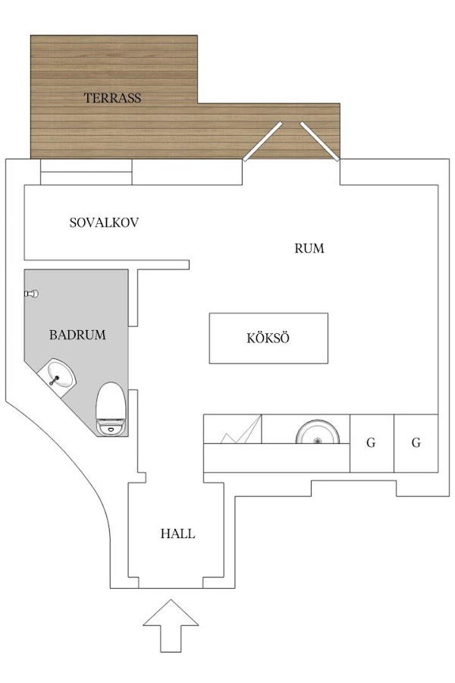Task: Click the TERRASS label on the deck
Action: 112,98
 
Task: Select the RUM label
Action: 309,248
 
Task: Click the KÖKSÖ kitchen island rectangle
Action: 268,338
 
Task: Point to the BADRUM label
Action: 77,335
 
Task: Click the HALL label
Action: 177,533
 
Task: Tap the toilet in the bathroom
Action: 111,408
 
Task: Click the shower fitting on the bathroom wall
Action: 31,294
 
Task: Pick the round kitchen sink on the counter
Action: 318,433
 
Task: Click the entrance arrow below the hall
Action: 171,625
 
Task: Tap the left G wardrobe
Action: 372,443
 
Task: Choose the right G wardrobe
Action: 416,443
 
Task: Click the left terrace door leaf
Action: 262,141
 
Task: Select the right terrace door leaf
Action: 320,141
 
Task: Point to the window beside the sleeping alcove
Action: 86,172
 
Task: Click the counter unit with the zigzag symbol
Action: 233,429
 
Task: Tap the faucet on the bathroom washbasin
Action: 55,380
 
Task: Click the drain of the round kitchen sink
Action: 318,441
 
